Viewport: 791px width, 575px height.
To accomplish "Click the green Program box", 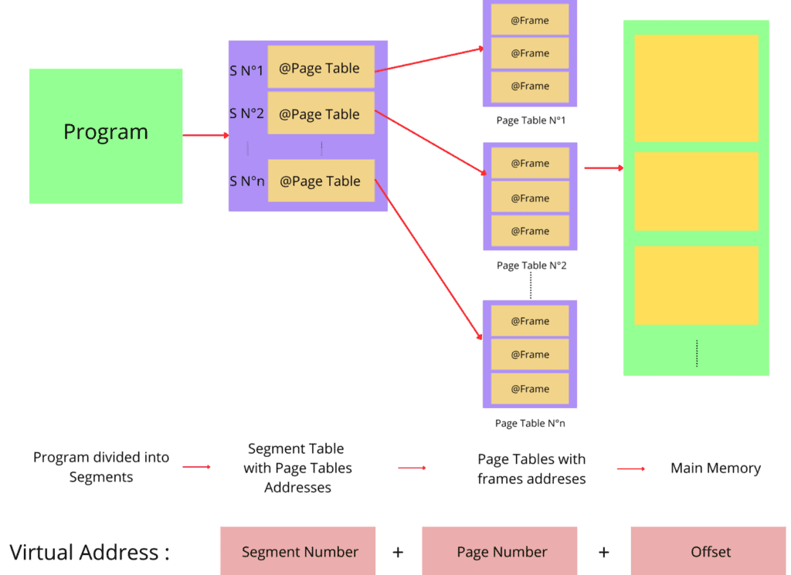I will pyautogui.click(x=106, y=136).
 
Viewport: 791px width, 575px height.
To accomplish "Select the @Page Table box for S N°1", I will pyautogui.click(x=321, y=68).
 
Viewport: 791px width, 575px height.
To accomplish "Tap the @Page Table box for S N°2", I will pyautogui.click(x=321, y=113).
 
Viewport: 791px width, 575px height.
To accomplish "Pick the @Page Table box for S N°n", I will pyautogui.click(x=321, y=181).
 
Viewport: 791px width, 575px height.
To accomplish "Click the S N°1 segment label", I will pyautogui.click(x=246, y=71).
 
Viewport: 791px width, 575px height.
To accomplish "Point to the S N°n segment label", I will pyautogui.click(x=246, y=181).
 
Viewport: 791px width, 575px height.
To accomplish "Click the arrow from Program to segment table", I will pyautogui.click(x=205, y=135).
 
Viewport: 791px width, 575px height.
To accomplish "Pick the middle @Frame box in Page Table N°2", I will pyautogui.click(x=530, y=198).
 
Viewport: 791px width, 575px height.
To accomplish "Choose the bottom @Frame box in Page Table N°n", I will pyautogui.click(x=530, y=388).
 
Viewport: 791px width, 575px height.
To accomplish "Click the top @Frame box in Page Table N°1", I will pyautogui.click(x=530, y=20).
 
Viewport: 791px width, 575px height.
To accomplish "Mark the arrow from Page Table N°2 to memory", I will pyautogui.click(x=603, y=167).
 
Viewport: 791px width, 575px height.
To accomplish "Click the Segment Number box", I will pyautogui.click(x=298, y=551).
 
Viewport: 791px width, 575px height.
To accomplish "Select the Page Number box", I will pyautogui.click(x=500, y=551).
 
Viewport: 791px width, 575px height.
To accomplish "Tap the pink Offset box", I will pyautogui.click(x=708, y=551).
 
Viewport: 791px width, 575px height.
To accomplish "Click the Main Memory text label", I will pyautogui.click(x=715, y=468).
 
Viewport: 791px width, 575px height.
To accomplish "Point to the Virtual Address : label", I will pyautogui.click(x=90, y=552).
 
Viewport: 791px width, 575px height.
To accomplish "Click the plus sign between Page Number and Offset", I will pyautogui.click(x=604, y=552).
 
